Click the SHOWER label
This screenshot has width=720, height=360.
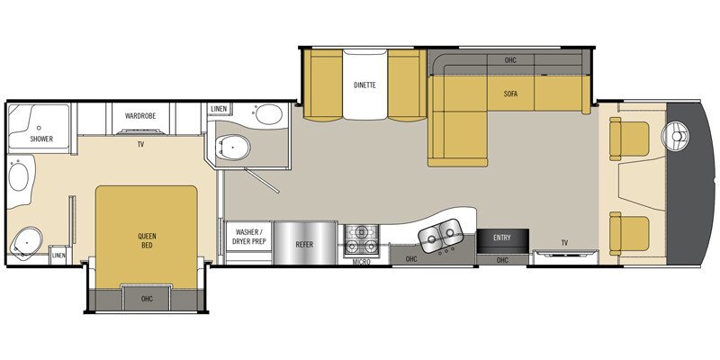coord(41,139)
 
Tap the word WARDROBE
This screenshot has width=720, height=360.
coord(141,116)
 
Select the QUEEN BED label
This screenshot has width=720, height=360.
coord(147,241)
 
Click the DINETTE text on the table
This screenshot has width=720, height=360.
coord(364,85)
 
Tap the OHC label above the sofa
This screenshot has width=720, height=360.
coord(509,60)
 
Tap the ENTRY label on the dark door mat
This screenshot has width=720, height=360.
coord(501,237)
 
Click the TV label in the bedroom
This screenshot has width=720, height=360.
coord(141,143)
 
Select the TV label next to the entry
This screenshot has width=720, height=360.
coord(564,243)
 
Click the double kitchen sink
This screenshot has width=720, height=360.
coord(438,237)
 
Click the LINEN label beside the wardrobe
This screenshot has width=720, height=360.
coord(219,109)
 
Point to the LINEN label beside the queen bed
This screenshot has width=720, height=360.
coord(58,255)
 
